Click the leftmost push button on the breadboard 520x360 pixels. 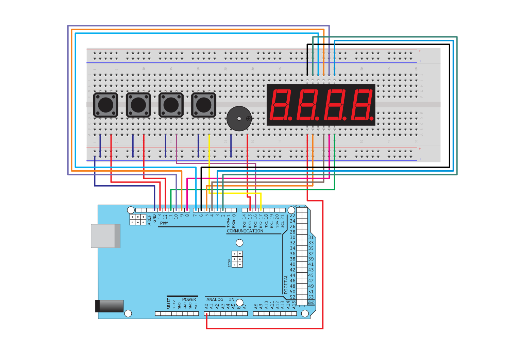[105, 105]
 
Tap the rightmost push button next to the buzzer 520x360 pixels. [203, 105]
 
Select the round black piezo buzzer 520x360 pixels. [239, 118]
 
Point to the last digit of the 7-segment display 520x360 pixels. [362, 105]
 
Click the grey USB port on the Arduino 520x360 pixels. [105, 236]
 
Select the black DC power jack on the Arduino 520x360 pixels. [109, 306]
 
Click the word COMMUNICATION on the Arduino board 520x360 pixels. [245, 231]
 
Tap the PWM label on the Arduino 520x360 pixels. [164, 223]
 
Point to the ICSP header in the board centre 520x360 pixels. [237, 259]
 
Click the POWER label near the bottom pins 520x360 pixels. [189, 299]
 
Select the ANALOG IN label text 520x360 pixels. [220, 299]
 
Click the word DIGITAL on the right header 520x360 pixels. [286, 284]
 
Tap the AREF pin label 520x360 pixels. [149, 220]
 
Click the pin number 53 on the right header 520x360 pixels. [311, 297]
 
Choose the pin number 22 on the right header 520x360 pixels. [292, 216]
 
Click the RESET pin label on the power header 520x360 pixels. [168, 304]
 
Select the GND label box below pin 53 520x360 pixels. [311, 303]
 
